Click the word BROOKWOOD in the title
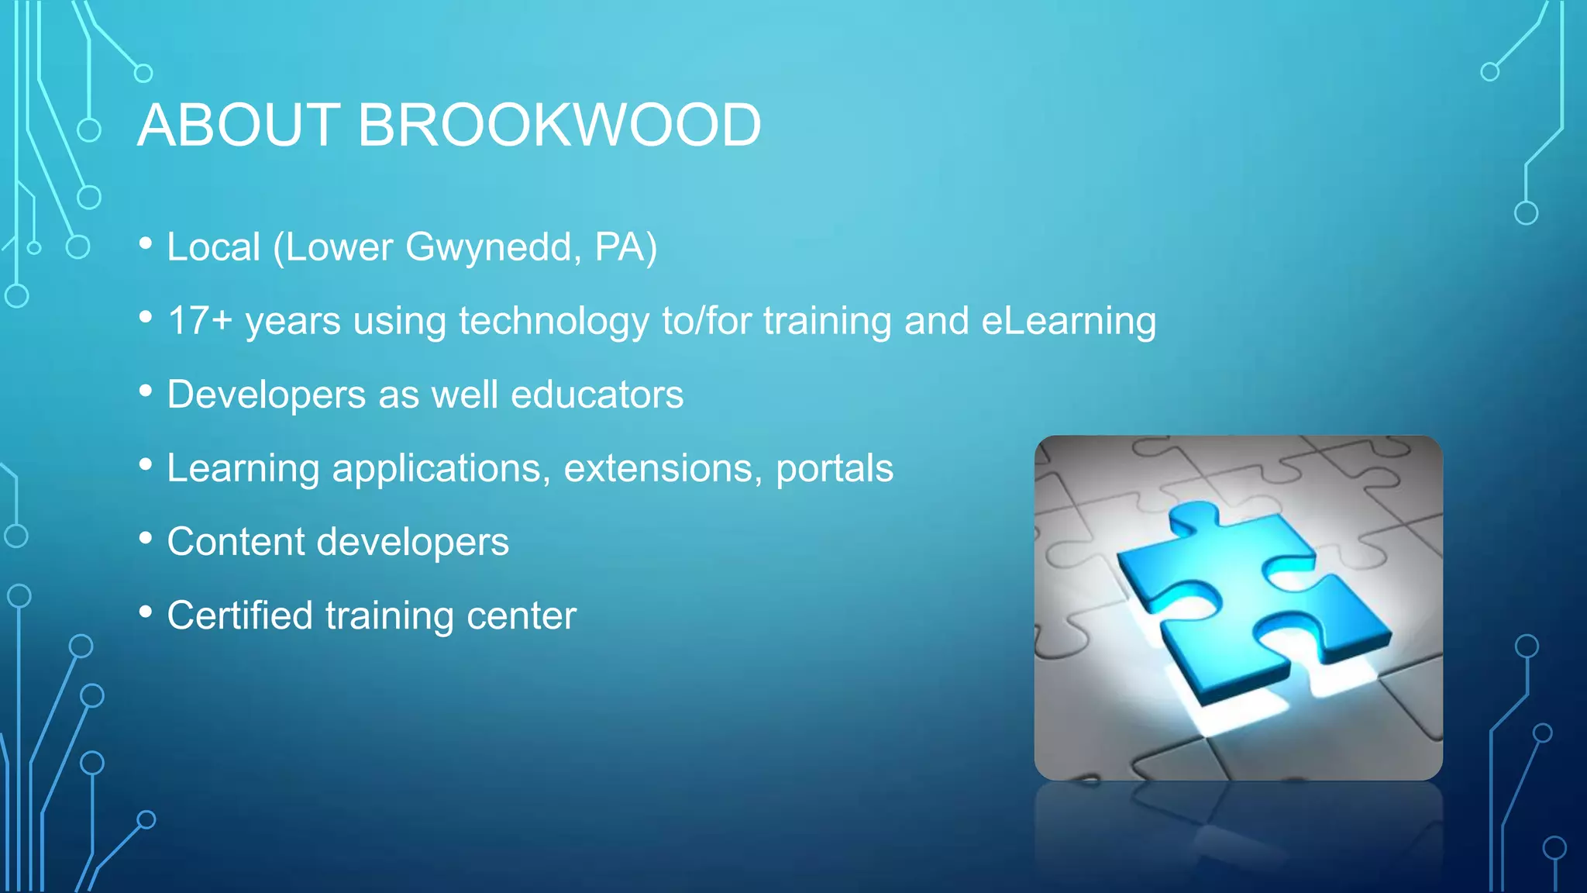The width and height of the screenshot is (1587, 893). pos(559,125)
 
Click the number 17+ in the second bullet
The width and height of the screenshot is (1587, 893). pos(199,321)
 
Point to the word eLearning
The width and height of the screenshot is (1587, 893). pos(1069,321)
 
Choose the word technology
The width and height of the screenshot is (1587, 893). pos(554,321)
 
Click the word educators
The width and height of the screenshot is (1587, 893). pos(597,395)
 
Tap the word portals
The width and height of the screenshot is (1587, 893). pos(835,468)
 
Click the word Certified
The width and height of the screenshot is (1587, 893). pos(240,615)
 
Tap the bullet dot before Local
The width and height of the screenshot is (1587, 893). pos(146,244)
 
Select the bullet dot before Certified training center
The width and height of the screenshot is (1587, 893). pos(146,612)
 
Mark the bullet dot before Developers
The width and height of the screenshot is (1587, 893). pos(146,391)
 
